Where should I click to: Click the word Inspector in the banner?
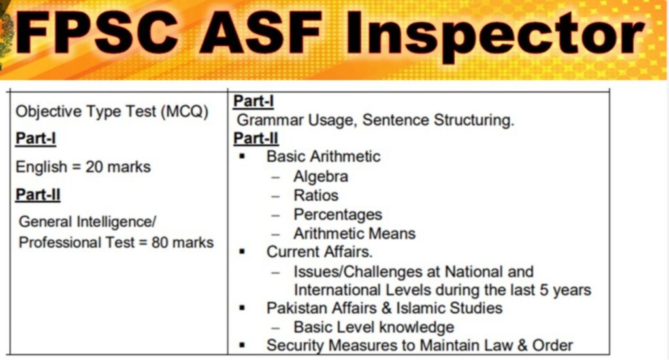click(x=495, y=35)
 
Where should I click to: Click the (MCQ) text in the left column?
click(x=184, y=112)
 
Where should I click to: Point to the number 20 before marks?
click(x=94, y=167)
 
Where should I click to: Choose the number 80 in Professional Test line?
click(x=160, y=242)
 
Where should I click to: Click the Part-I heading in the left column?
click(x=35, y=139)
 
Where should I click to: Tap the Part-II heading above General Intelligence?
click(x=38, y=195)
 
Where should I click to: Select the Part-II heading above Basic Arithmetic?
click(x=255, y=139)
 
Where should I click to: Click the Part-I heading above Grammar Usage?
click(x=253, y=101)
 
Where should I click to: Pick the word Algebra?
click(x=320, y=176)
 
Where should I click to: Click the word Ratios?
click(x=316, y=195)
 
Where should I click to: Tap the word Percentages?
click(x=338, y=214)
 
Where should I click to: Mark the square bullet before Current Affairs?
click(x=242, y=252)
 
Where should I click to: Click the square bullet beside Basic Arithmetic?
click(x=242, y=156)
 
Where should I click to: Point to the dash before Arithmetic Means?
click(x=276, y=234)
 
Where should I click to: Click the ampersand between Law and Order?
click(x=522, y=345)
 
